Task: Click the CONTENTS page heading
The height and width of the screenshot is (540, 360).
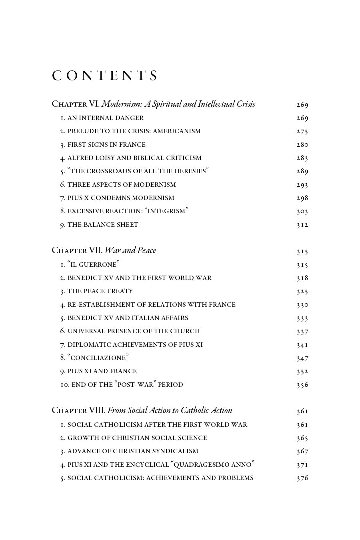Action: coord(105,76)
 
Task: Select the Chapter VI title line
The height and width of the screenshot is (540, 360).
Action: coord(153,104)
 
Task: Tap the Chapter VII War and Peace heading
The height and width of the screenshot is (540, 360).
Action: coord(104,250)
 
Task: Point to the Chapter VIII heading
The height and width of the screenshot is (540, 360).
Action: coord(142,410)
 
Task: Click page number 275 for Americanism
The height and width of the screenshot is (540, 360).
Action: coord(302,131)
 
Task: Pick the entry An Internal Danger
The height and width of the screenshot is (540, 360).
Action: coord(102,118)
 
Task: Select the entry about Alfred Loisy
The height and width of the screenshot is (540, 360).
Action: coord(131,158)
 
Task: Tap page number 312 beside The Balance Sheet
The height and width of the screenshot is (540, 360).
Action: coord(302,225)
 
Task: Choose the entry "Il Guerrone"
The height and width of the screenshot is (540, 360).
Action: coord(90,264)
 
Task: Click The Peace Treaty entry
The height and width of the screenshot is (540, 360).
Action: coord(97,291)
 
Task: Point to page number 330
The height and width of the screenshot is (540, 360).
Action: coord(302,305)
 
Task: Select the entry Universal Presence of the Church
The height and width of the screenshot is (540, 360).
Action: coord(130,331)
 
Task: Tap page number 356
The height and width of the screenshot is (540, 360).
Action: coord(302,385)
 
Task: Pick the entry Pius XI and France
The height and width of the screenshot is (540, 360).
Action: coord(98,371)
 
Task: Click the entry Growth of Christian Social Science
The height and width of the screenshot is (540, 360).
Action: coord(134,438)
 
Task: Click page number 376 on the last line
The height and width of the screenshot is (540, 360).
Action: coord(302,478)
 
